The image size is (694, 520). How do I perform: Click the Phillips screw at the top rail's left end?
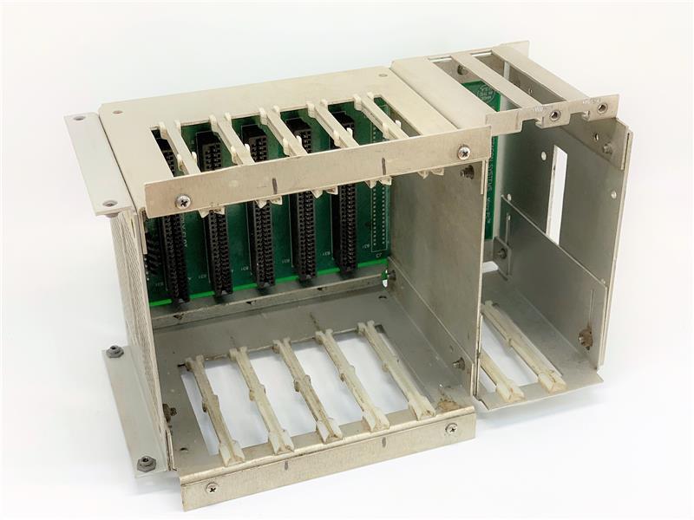183,201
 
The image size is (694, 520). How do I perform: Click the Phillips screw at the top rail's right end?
464,152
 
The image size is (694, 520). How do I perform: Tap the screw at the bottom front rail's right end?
451,428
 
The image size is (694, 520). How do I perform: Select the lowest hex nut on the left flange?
146,463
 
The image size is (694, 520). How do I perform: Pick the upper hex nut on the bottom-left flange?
114,351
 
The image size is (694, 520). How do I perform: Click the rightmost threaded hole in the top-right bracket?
601,107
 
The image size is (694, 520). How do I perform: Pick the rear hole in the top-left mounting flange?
79,118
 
